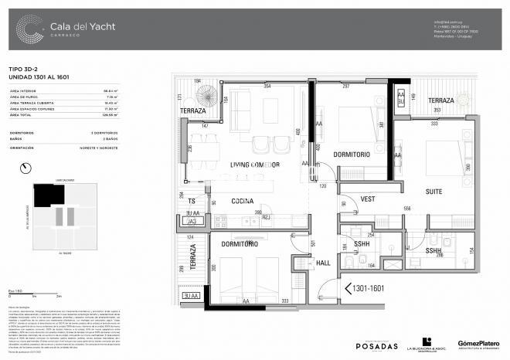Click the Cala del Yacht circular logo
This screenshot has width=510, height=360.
click(29, 29)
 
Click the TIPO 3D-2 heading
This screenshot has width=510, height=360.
click(25, 70)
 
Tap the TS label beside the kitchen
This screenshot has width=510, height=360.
click(192, 201)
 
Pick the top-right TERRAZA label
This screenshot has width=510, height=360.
click(441, 101)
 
